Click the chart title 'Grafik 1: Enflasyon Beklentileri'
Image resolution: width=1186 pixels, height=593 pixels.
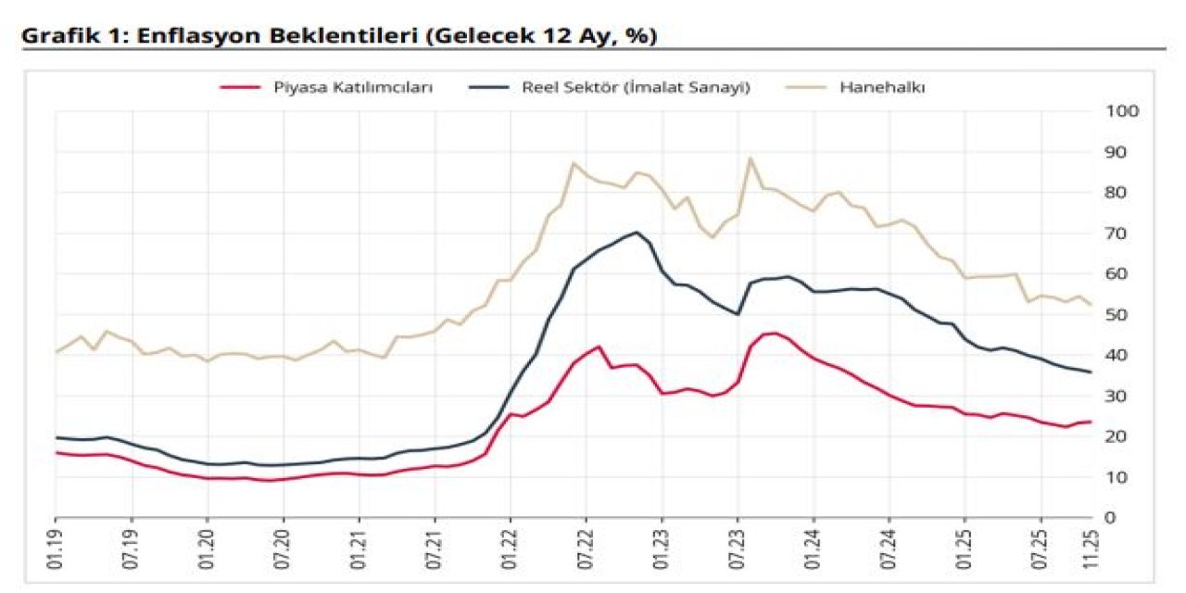(339, 36)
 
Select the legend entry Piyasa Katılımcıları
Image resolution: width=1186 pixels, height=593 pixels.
(353, 87)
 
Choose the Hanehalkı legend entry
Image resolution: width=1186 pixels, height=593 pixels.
(883, 87)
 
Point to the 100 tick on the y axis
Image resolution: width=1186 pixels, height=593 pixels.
(1122, 111)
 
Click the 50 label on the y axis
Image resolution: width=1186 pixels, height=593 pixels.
(1117, 314)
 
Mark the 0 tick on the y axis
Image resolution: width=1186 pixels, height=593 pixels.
(1111, 517)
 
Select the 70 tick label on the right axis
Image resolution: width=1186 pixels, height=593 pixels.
(1117, 233)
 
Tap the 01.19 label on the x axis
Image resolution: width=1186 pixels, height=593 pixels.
(57, 549)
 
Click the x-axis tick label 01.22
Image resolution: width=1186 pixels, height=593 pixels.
(511, 549)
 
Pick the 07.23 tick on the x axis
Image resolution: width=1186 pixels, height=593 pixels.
(738, 549)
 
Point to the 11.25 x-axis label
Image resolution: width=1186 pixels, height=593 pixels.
(1091, 549)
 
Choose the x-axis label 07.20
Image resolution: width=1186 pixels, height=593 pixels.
(284, 549)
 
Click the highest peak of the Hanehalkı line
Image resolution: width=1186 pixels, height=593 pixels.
(750, 158)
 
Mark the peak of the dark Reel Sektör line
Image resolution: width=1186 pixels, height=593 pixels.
(637, 233)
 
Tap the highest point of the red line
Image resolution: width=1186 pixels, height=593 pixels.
(775, 333)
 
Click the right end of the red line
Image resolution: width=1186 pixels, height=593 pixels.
(1091, 422)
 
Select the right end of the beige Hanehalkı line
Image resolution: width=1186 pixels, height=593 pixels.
(1091, 304)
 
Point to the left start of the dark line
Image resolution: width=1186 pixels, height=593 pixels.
(57, 437)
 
